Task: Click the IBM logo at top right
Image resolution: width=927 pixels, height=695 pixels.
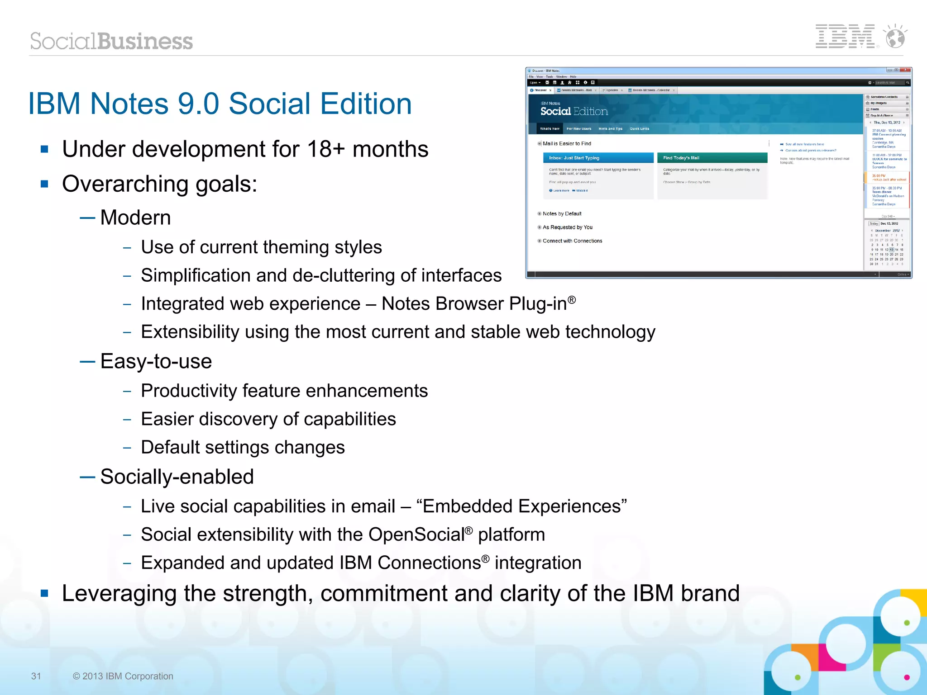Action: point(845,37)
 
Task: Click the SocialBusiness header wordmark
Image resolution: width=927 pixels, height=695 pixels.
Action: point(111,41)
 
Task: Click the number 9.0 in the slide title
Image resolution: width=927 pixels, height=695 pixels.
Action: point(198,104)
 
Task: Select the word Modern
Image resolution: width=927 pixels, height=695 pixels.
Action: point(135,217)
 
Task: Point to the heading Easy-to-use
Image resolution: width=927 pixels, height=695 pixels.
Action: point(156,361)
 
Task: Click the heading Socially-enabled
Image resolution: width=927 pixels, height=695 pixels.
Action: point(177,477)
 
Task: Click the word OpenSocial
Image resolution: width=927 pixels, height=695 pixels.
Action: point(416,534)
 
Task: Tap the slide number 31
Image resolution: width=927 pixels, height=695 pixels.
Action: point(36,676)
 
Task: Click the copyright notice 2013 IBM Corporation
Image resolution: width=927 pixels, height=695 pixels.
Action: point(123,676)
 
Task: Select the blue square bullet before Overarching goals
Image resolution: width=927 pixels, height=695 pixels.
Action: point(44,184)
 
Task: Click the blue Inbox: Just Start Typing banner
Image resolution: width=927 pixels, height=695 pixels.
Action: point(598,158)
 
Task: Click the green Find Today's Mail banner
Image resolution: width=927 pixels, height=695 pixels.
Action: point(712,158)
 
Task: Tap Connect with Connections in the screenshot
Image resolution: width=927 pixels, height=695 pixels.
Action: point(572,241)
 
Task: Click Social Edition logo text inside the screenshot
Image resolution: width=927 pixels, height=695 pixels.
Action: point(573,111)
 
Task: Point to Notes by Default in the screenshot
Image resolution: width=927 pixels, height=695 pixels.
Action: point(562,214)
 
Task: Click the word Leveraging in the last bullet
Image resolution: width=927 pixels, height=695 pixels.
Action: point(119,593)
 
